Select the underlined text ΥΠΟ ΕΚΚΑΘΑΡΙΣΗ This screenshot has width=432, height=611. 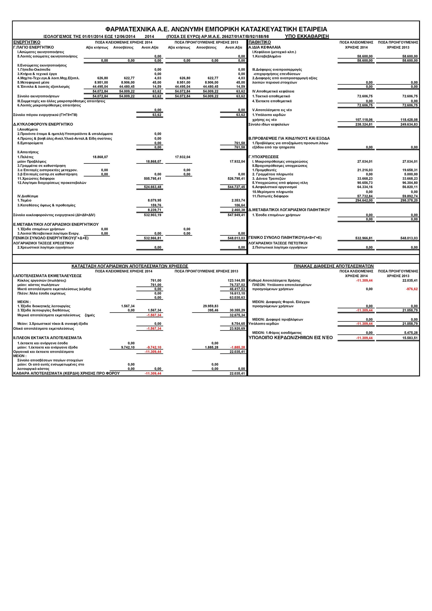click(307, 36)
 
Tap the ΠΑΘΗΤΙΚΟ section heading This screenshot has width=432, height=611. click(260, 42)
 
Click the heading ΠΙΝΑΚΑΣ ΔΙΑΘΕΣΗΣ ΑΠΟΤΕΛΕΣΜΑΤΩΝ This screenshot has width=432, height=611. click(333, 266)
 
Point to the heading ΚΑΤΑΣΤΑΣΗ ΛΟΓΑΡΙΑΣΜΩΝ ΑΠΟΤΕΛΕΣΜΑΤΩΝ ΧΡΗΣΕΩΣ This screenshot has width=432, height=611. click(130, 266)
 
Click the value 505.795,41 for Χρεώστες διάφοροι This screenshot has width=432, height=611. click(152, 179)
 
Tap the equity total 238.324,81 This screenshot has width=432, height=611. click(364, 124)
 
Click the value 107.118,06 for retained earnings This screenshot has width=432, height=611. click(364, 120)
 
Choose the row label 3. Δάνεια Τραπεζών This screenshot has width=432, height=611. click(269, 179)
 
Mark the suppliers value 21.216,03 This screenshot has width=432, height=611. click(365, 170)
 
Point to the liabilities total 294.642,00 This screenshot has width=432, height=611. click(364, 200)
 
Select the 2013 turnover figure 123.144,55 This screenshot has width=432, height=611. click(235, 280)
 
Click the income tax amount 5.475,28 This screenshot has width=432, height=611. click(411, 333)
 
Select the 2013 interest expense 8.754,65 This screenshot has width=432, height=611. click(237, 324)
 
